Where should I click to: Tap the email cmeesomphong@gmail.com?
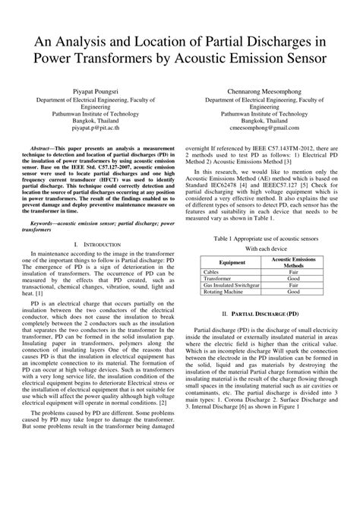(262, 129)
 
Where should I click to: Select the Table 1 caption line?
(261, 238)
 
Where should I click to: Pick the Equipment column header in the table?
(221, 263)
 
